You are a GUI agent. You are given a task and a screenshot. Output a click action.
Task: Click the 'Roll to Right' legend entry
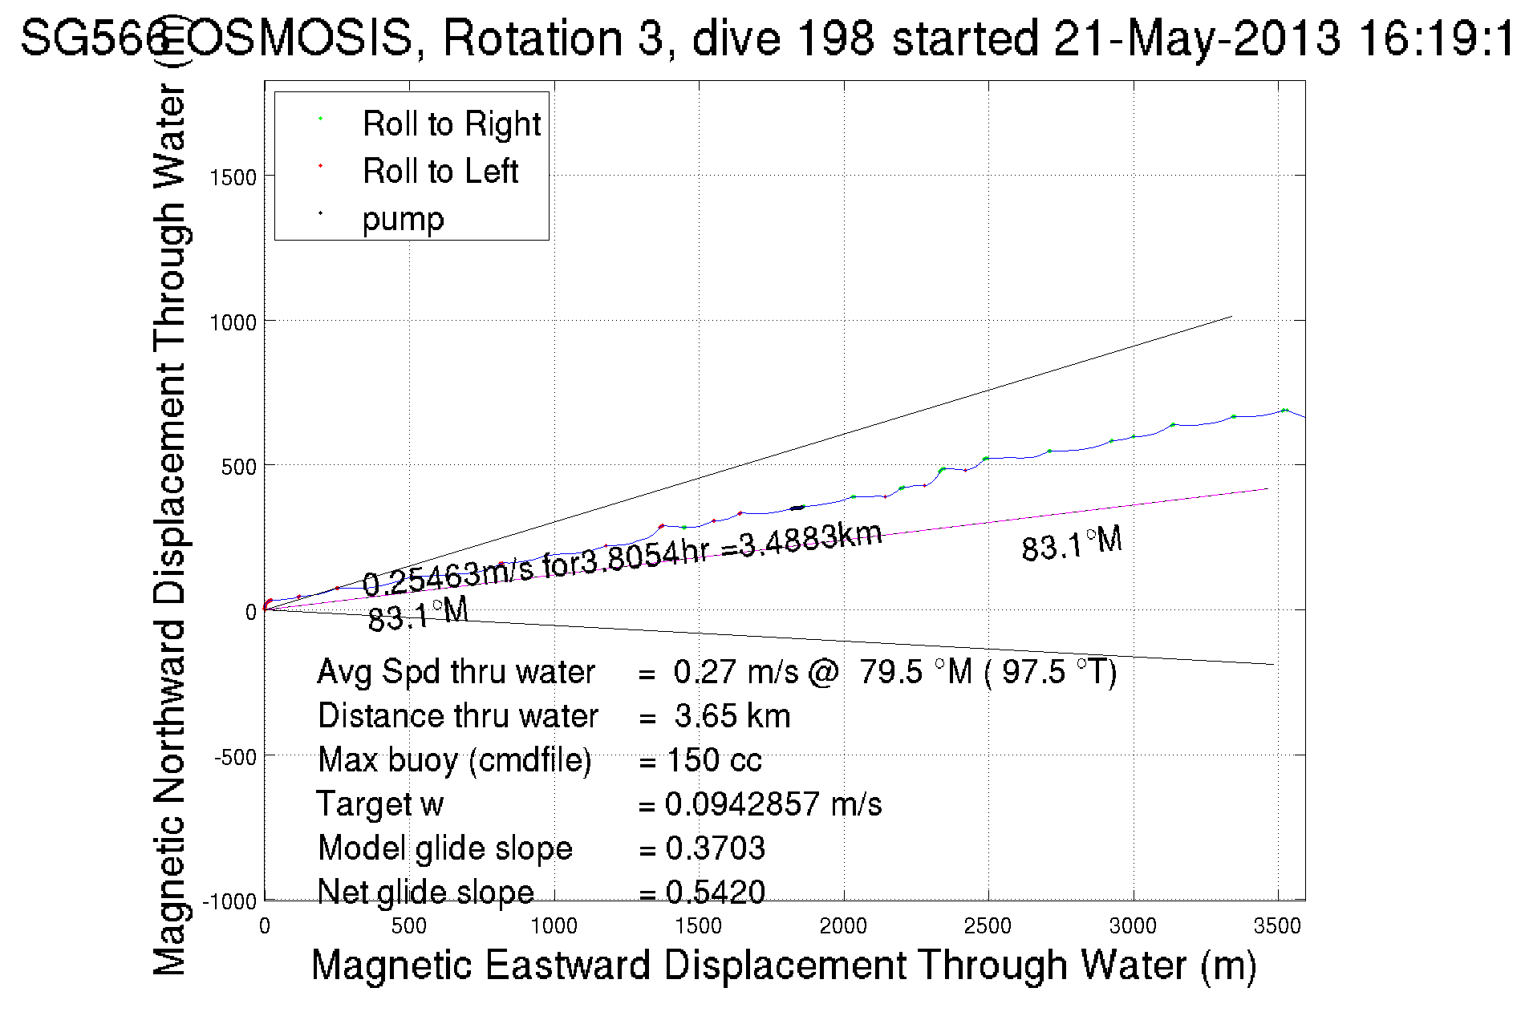pos(451,124)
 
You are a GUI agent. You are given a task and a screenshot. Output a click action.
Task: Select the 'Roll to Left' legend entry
pos(440,172)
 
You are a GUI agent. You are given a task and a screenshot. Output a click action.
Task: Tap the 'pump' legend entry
pos(403,219)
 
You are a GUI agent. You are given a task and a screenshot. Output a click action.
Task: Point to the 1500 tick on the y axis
pos(233,177)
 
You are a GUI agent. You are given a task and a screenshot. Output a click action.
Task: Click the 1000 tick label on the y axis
pos(233,322)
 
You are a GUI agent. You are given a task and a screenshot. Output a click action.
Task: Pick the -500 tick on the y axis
pos(235,757)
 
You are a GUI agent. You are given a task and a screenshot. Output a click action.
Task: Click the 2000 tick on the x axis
pos(843,926)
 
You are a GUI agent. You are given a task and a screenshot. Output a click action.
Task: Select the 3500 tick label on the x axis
pos(1277,926)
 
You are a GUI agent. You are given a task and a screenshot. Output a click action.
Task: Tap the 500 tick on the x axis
pos(409,926)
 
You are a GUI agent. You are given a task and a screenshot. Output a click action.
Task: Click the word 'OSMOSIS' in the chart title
pos(302,38)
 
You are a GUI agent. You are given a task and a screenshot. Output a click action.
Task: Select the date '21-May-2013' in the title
pos(1196,38)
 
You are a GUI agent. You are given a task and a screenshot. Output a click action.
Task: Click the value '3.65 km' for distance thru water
pos(732,716)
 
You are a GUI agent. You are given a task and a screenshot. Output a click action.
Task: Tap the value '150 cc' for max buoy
pos(714,760)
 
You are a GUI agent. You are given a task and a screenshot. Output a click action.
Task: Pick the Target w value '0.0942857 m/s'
pos(773,804)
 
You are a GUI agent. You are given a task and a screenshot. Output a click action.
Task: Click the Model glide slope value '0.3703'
pos(715,848)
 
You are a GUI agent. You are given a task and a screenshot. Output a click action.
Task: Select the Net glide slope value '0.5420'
pos(715,892)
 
